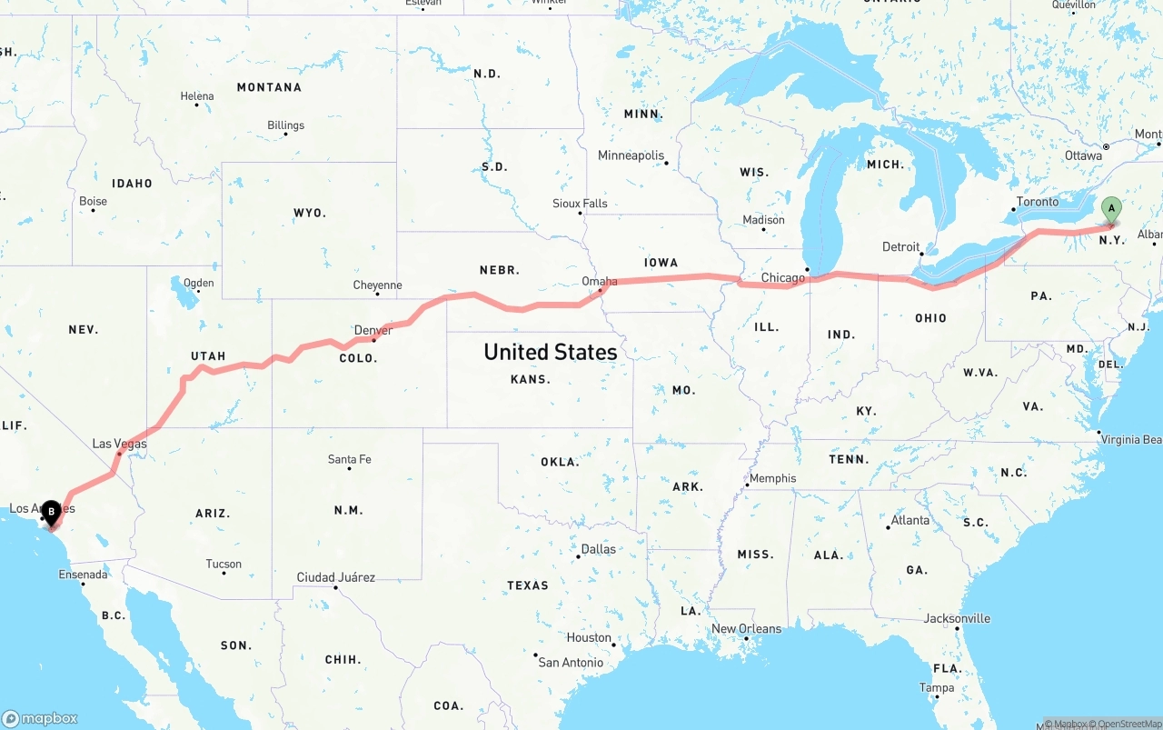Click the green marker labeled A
(1110, 209)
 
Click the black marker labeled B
(52, 512)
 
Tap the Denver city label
(373, 330)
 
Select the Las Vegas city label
(119, 444)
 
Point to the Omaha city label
(600, 282)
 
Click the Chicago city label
(783, 277)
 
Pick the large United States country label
(550, 352)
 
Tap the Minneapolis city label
(631, 155)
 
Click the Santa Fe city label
(349, 459)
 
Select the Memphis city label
(772, 478)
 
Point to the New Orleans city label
(746, 628)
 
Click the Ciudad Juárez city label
(335, 577)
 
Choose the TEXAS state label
(528, 585)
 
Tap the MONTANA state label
(269, 87)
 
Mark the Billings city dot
(285, 135)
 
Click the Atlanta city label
(910, 520)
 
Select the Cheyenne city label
(377, 285)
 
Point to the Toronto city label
(1038, 202)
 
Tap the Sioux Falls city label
(580, 203)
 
